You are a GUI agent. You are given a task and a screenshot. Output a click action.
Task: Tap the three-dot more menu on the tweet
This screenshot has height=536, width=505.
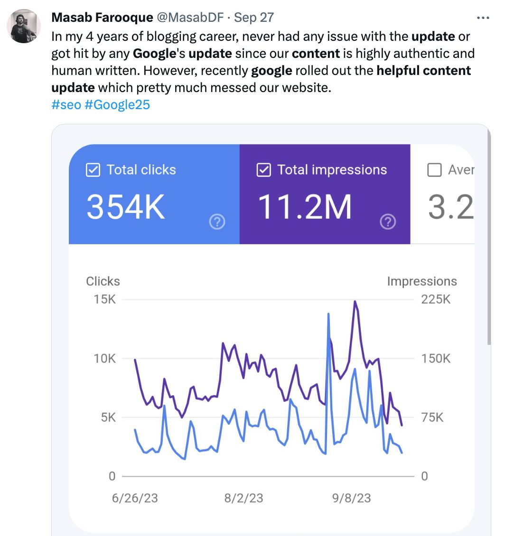coord(483,18)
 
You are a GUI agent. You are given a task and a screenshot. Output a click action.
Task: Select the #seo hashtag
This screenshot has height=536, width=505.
coord(65,104)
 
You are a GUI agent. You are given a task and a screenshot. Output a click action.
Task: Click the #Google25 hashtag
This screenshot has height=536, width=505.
coord(117,104)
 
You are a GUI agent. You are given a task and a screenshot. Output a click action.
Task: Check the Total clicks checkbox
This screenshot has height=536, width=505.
coord(92,170)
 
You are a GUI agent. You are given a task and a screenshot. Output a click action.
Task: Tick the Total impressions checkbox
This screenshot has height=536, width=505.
coord(263,170)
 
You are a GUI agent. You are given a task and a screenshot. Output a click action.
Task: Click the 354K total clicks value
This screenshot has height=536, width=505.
coord(126,207)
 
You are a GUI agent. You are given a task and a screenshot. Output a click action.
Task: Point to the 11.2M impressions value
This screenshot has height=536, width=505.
coord(304,207)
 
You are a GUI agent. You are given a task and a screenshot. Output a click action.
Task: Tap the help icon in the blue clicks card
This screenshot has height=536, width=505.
coord(217,222)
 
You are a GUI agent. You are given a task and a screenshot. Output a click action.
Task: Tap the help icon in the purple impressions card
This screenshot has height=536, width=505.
coord(388,222)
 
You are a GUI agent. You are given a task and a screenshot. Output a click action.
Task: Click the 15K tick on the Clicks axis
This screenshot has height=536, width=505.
coord(104,300)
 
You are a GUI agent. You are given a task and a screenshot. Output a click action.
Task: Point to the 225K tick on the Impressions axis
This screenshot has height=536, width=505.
coord(435,300)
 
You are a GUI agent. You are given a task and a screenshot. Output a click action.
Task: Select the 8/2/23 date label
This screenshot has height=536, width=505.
coord(244,498)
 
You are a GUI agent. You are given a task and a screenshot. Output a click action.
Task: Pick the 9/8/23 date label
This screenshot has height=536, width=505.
coord(352,498)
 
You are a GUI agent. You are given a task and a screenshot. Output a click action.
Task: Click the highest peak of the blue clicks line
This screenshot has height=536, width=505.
coord(328,314)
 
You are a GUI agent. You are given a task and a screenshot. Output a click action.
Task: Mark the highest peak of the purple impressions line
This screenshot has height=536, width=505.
coord(355,301)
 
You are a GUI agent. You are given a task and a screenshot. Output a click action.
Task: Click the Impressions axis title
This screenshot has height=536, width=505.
coord(421,281)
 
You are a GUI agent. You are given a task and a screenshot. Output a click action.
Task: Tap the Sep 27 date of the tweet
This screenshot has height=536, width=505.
coord(254,18)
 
